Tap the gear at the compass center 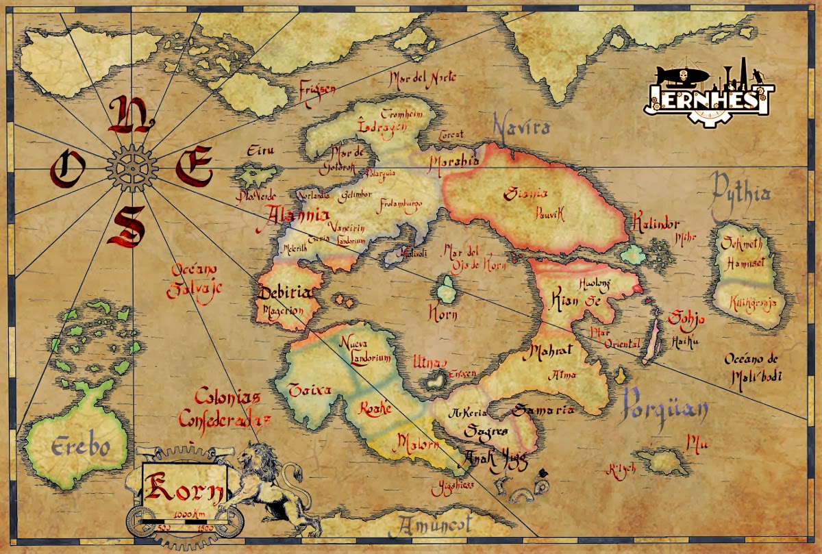[x=132, y=166]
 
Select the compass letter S [x=127, y=226]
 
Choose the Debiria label [x=286, y=294]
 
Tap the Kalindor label [x=656, y=224]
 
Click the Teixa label [x=310, y=390]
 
